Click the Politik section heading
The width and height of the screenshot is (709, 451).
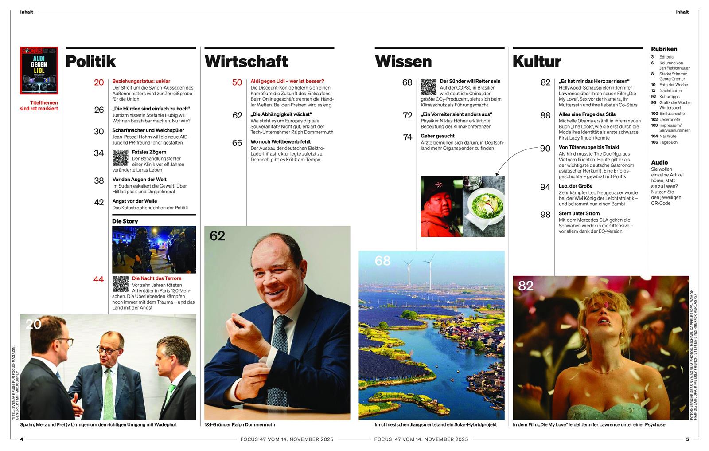tap(90, 61)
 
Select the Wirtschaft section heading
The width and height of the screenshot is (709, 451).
tap(246, 61)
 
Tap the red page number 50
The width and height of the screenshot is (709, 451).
tap(237, 82)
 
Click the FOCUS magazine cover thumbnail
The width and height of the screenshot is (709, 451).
tap(39, 70)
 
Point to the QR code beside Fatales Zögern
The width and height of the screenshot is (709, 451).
tap(121, 158)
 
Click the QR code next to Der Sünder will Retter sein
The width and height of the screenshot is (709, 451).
tap(428, 87)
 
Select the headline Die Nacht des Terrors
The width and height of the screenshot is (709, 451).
tap(156, 278)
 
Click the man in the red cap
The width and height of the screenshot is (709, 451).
tap(441, 206)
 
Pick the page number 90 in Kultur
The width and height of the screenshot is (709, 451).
tap(545, 149)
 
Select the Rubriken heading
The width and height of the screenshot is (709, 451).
tap(664, 49)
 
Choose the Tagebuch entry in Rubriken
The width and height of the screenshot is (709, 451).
tap(668, 142)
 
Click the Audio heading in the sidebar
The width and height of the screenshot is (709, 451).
tap(659, 162)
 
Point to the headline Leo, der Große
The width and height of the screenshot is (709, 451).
tap(575, 186)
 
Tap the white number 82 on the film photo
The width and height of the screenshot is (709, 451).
tap(526, 286)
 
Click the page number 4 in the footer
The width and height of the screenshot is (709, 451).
tap(22, 439)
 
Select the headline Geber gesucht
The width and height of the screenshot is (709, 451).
tap(437, 136)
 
